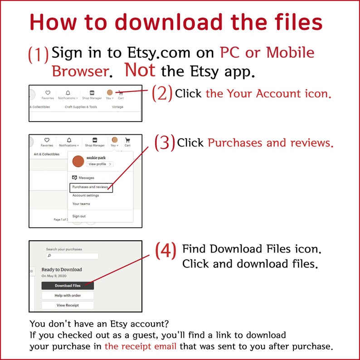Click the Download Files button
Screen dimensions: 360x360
coord(68,286)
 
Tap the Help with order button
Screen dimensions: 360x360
coord(68,296)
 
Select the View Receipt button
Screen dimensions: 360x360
coord(68,305)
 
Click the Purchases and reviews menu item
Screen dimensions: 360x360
coord(91,188)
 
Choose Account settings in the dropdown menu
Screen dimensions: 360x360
coord(86,195)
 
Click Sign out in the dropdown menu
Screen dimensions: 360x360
coord(79,216)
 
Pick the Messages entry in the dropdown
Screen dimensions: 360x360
coord(83,178)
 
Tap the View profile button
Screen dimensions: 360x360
coord(100,164)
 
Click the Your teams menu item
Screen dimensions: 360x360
coord(81,204)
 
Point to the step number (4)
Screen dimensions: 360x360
coord(166,251)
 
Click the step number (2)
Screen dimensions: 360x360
coord(162,93)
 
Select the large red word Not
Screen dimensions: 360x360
coord(140,70)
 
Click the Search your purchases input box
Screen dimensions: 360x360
coord(73,256)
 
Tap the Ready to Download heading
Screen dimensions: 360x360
coord(62,269)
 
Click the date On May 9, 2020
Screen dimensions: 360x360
coord(54,276)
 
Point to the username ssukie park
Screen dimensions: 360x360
coord(96,158)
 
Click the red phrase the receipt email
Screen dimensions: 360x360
coord(140,346)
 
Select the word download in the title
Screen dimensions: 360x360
coord(169,22)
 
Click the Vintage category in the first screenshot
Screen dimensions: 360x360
coord(117,107)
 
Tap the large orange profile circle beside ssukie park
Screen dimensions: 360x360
coord(78,161)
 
